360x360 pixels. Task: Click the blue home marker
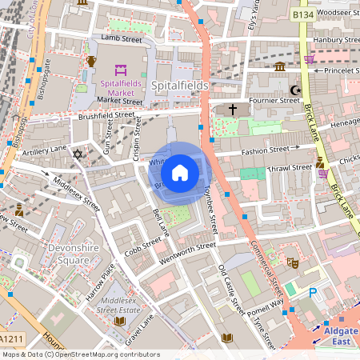(x=180, y=173)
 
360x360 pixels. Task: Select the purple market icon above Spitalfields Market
(x=121, y=70)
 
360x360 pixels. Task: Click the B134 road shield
(x=302, y=15)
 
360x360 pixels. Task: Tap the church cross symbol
(x=233, y=109)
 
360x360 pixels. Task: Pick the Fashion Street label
(x=266, y=149)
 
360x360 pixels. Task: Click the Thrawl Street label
(x=290, y=168)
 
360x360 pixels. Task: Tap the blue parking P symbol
(x=313, y=294)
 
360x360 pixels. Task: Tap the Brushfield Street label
(x=106, y=115)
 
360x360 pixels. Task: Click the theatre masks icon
(x=293, y=262)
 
